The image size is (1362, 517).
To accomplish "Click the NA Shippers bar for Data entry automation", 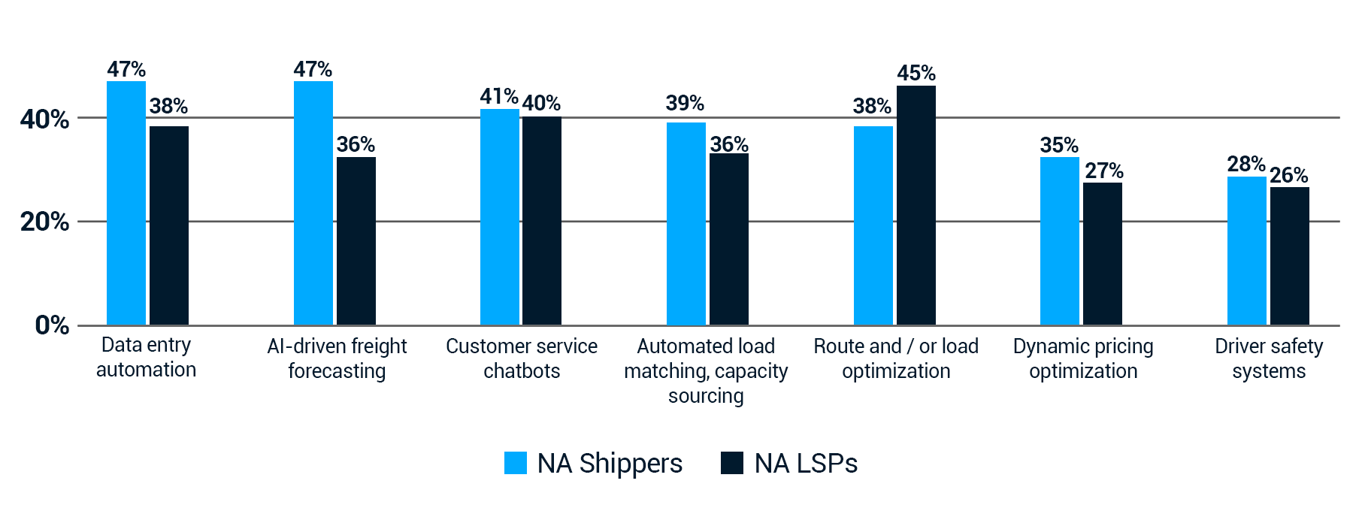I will pyautogui.click(x=126, y=203).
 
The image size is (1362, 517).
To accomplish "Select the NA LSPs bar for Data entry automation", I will pyautogui.click(x=169, y=225).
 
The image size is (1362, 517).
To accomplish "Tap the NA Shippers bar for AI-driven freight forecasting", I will pyautogui.click(x=313, y=203).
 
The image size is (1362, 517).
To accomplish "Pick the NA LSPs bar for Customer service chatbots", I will pyautogui.click(x=542, y=221).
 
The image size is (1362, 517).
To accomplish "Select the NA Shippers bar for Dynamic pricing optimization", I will pyautogui.click(x=1060, y=240).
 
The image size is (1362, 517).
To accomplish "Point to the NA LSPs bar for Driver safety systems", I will pyautogui.click(x=1290, y=255).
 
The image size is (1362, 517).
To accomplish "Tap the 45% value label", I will pyautogui.click(x=916, y=74).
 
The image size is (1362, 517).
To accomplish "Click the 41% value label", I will pyautogui.click(x=499, y=97).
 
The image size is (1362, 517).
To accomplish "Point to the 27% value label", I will pyautogui.click(x=1103, y=171).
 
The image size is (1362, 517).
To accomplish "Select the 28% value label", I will pyautogui.click(x=1246, y=164).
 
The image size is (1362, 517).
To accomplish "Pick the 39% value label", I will pyautogui.click(x=685, y=104).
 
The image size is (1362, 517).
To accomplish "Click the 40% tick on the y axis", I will pyautogui.click(x=45, y=119).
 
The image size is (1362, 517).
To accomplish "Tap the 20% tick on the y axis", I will pyautogui.click(x=45, y=222).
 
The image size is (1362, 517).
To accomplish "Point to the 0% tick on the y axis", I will pyautogui.click(x=52, y=325).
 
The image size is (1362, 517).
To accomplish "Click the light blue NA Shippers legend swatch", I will pyautogui.click(x=516, y=463).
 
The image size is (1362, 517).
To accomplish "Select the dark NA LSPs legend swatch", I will pyautogui.click(x=732, y=463).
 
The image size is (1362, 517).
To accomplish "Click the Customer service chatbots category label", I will pyautogui.click(x=522, y=358).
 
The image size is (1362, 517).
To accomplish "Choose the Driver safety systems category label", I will pyautogui.click(x=1269, y=358).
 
